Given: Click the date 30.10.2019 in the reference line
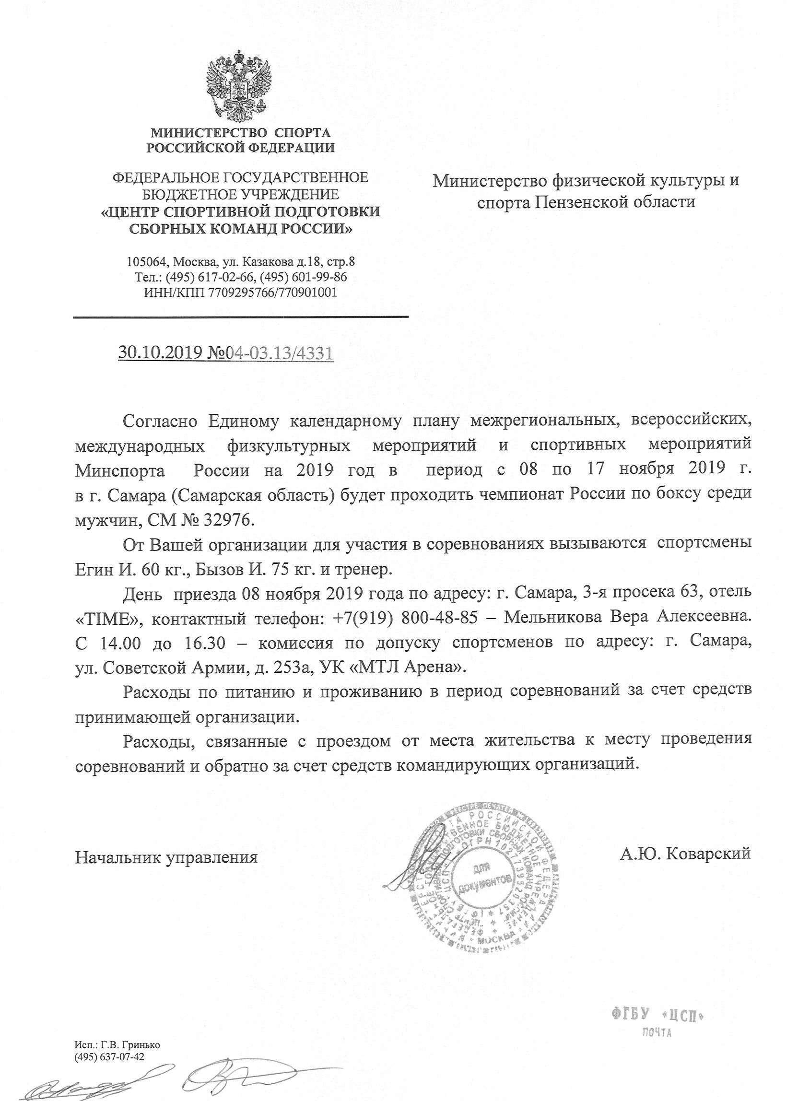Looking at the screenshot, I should click(x=159, y=353).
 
